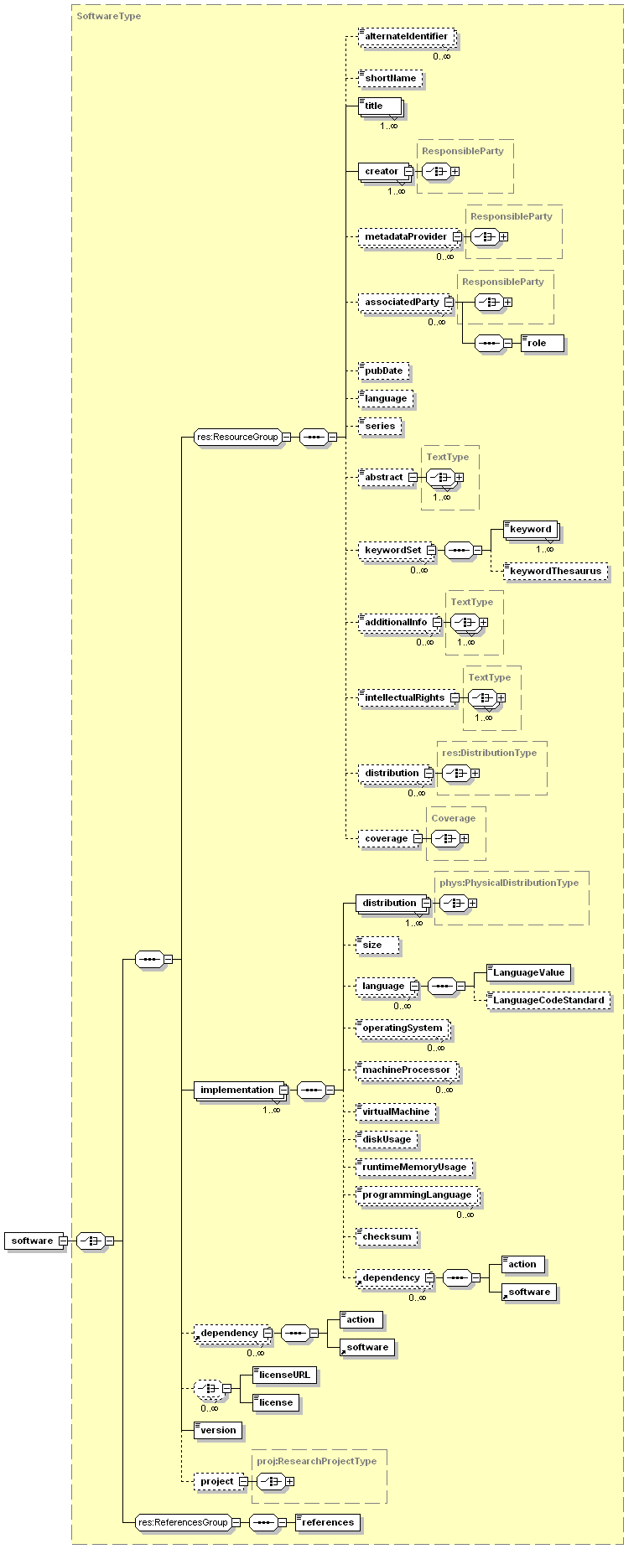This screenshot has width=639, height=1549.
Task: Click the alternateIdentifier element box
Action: click(x=407, y=37)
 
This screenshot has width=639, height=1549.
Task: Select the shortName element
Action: click(x=390, y=79)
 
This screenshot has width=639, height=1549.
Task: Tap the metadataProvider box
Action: click(x=406, y=237)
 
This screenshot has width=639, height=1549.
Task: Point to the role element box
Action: click(x=541, y=344)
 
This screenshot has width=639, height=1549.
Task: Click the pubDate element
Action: click(x=384, y=371)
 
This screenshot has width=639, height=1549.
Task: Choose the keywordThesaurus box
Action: click(x=555, y=572)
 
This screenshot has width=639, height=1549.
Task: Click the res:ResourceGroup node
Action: click(x=237, y=438)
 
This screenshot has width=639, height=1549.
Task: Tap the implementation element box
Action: click(x=237, y=1091)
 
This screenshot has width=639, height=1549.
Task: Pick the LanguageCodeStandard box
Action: click(x=548, y=1001)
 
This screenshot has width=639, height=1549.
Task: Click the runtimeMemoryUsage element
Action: click(x=414, y=1168)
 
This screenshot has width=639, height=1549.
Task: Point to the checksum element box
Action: click(x=387, y=1237)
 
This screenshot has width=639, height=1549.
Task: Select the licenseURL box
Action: click(x=284, y=1375)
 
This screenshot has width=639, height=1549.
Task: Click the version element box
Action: click(x=218, y=1431)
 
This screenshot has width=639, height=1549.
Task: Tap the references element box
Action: click(x=327, y=1523)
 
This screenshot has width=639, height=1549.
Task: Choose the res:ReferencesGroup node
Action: click(x=183, y=1523)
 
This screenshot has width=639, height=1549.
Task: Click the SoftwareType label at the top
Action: click(x=109, y=16)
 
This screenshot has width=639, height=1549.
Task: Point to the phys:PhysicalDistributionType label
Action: click(x=509, y=883)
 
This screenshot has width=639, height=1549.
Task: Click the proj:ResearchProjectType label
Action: click(x=317, y=1461)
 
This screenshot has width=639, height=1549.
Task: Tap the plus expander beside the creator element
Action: click(x=455, y=172)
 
